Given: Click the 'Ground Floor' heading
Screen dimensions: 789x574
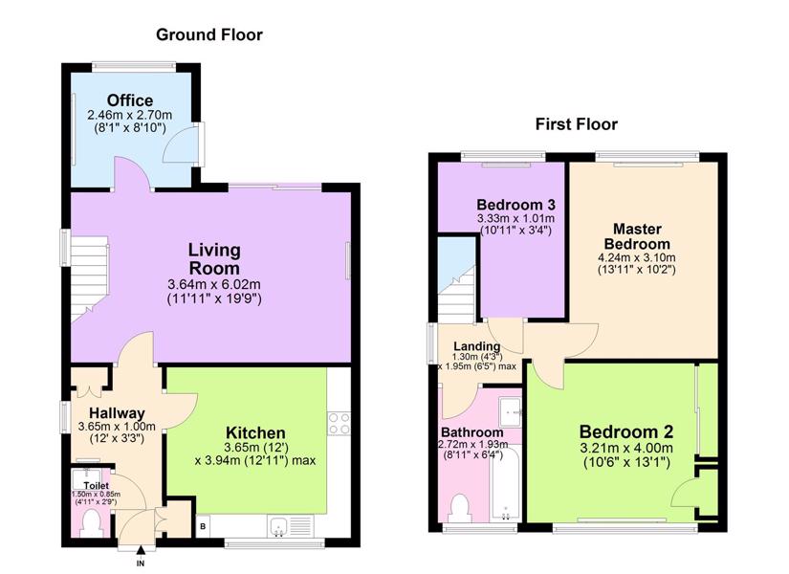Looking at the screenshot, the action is tap(209, 34).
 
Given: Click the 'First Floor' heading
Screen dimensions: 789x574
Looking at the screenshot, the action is tap(576, 123).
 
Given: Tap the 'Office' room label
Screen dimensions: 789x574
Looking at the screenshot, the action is tap(130, 100).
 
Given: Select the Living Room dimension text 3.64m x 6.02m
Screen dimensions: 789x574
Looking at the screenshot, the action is tap(214, 284).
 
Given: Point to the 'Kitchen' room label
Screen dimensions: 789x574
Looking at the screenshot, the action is tap(255, 432).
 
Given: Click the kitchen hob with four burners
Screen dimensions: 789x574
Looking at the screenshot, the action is tap(339, 424).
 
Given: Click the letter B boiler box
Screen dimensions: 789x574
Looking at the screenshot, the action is tap(203, 527).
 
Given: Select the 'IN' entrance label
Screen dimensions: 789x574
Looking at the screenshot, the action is tap(141, 563).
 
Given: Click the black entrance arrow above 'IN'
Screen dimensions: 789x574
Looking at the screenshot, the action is tap(141, 551).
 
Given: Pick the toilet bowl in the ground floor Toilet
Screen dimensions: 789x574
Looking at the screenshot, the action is tap(92, 523).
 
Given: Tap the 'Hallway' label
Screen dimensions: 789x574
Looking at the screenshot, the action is tap(117, 413).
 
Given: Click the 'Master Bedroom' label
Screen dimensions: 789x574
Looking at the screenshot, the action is tap(637, 236).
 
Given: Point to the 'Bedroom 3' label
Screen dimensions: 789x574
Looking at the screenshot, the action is tap(515, 205).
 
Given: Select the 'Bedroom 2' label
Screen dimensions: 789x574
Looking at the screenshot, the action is tap(626, 432).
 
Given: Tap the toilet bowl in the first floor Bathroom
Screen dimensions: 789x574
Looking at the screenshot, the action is tap(460, 508).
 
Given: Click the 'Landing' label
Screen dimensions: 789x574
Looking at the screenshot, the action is tap(476, 346).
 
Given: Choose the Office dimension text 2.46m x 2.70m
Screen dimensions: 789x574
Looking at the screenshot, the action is tap(130, 116).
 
